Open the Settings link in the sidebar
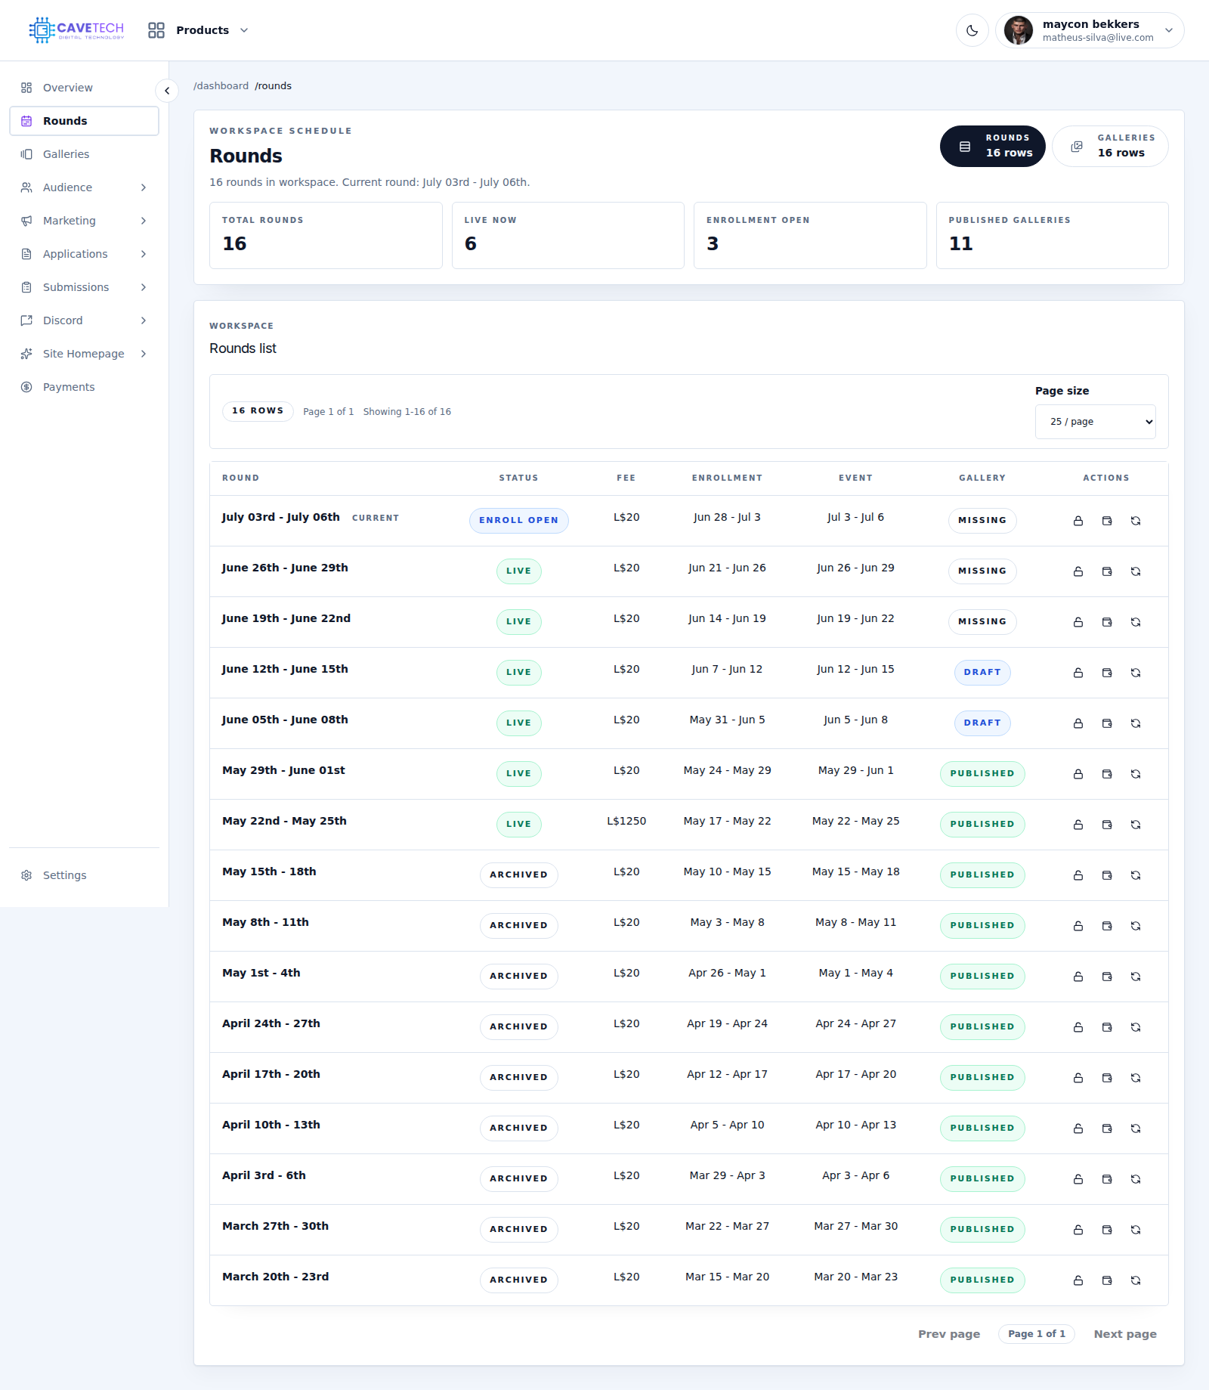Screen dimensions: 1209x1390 pos(64,875)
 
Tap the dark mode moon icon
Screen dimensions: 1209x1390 pos(972,30)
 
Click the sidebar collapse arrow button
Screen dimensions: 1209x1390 pos(167,91)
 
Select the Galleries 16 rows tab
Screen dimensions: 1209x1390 pos(1110,146)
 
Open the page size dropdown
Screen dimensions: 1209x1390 pos(1095,422)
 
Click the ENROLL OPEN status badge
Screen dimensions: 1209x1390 pos(518,520)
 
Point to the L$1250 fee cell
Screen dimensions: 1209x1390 pos(626,821)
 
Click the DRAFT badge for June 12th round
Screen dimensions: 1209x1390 pos(982,672)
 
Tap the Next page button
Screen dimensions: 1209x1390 pos(1125,1334)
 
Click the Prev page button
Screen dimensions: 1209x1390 pos(949,1334)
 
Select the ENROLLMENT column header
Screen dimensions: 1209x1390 pos(727,478)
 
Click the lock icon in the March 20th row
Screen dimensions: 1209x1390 pos(1078,1280)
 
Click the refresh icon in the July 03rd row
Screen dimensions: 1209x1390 pos(1136,521)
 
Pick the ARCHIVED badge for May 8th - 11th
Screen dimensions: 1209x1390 pos(518,925)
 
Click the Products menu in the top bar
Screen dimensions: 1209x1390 pos(199,30)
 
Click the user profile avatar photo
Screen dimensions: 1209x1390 pos(1019,30)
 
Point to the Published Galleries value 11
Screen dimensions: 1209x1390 pos(960,243)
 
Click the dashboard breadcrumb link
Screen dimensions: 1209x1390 pos(221,86)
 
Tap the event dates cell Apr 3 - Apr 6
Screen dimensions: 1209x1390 pos(855,1175)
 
